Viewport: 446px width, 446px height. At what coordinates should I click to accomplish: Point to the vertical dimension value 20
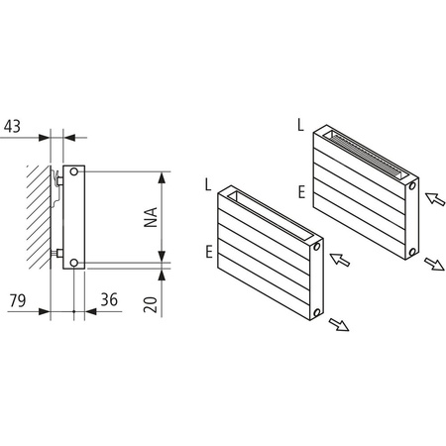click(x=152, y=303)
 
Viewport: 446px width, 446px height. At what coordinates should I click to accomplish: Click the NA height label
click(x=152, y=217)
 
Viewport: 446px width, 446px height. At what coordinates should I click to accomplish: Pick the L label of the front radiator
click(x=207, y=185)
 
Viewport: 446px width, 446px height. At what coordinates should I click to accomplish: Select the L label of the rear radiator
click(x=300, y=125)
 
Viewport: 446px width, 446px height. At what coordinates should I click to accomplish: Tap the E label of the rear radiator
click(x=300, y=191)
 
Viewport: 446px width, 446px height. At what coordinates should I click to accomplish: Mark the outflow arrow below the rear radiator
click(x=433, y=266)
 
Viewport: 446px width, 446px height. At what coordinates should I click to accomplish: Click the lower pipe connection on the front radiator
click(x=315, y=310)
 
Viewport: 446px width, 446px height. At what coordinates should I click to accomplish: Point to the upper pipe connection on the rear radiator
click(x=411, y=184)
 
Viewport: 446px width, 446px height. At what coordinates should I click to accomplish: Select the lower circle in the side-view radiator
click(x=76, y=263)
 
